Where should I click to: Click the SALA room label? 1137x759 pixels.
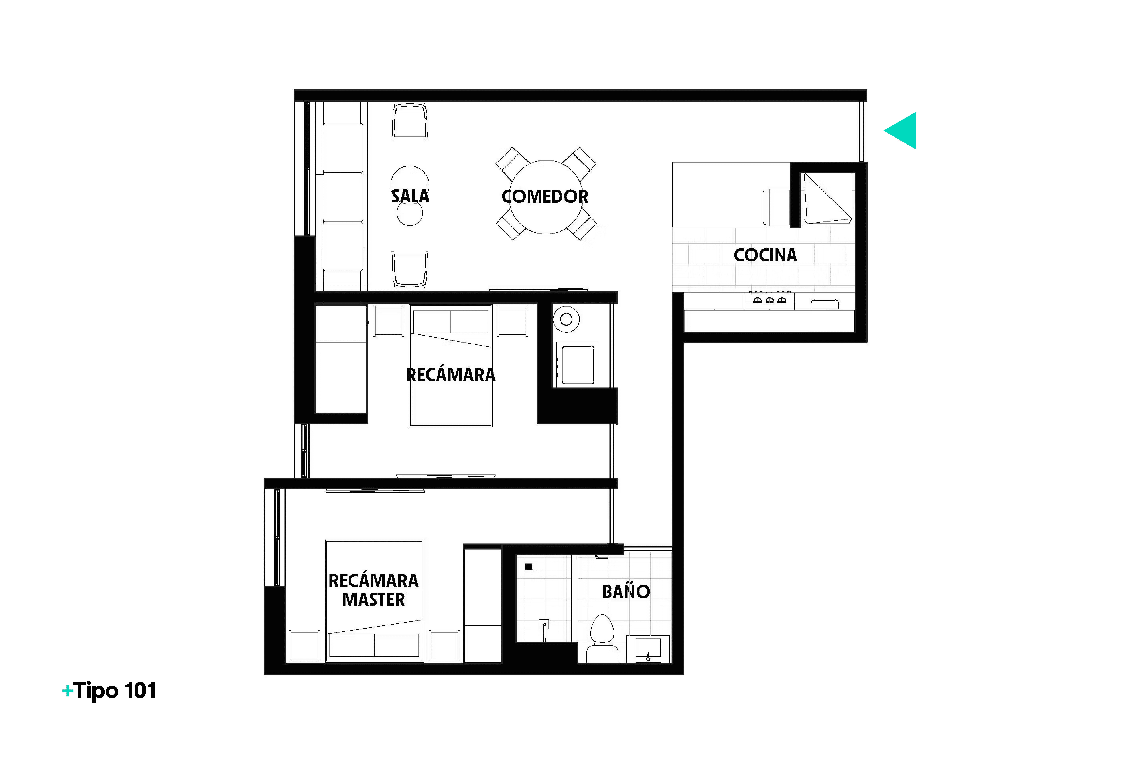click(410, 196)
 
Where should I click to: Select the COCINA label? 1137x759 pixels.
click(765, 255)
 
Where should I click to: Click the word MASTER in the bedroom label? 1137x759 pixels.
click(373, 599)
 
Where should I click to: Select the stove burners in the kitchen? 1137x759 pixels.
click(769, 300)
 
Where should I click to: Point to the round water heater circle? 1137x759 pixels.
click(566, 319)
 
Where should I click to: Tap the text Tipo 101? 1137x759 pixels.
click(115, 691)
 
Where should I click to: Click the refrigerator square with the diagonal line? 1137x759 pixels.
click(827, 198)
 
